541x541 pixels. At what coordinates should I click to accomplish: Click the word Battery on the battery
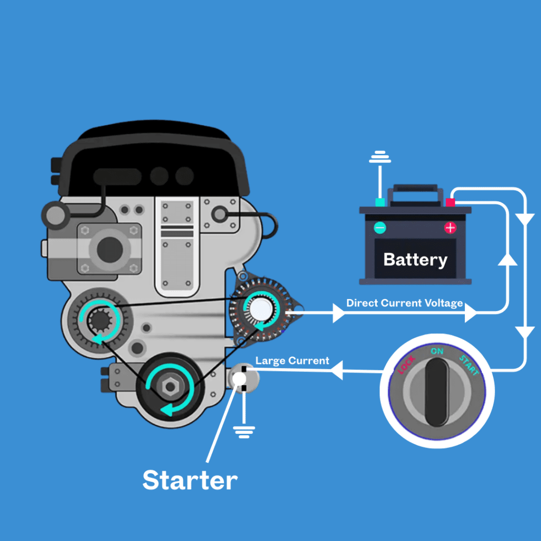415,259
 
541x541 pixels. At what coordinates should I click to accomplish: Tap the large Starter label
190,480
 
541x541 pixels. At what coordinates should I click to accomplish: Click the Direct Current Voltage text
404,303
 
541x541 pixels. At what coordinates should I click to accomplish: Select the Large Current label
292,361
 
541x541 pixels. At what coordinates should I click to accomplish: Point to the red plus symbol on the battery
450,228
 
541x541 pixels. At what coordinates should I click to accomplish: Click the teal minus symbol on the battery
380,228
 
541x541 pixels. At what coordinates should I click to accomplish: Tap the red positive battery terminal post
450,202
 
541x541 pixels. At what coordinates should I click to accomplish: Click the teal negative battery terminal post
379,202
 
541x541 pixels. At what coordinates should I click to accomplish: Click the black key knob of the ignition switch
437,391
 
